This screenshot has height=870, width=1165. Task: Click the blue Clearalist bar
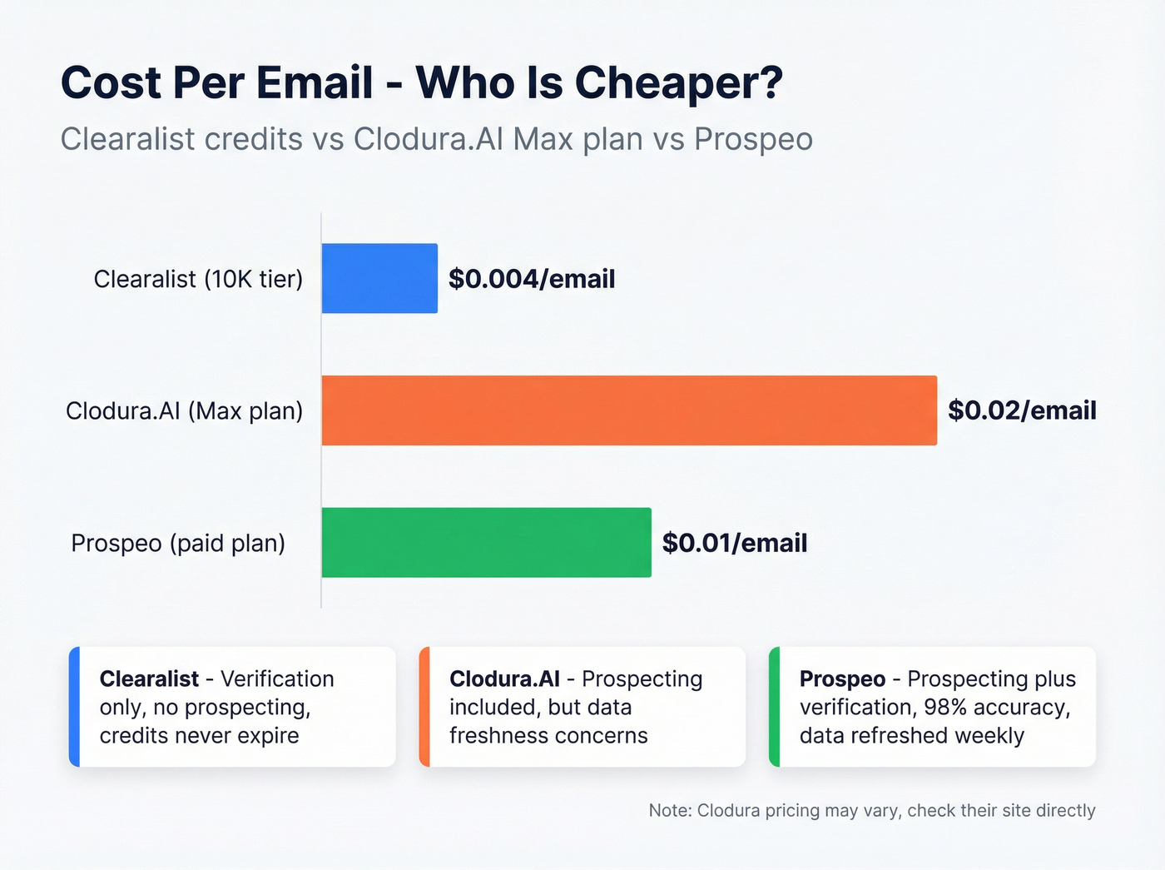point(379,278)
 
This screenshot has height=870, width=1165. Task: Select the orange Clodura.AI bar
point(629,410)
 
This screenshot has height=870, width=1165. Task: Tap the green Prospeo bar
point(486,542)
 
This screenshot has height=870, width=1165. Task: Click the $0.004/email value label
point(532,279)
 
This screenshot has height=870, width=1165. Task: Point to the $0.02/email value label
point(1022,410)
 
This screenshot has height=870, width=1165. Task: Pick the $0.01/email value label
point(735,543)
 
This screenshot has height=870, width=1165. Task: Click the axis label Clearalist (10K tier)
point(198,279)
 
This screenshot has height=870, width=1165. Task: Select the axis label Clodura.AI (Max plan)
point(184,410)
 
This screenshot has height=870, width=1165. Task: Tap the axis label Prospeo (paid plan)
point(178,543)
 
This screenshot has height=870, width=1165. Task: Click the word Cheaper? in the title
point(678,83)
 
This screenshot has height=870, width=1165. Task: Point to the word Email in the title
point(315,83)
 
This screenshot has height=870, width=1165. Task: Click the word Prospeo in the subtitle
point(753,139)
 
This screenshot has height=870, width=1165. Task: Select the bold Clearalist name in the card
point(149,679)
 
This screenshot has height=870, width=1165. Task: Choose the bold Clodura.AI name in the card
point(504,679)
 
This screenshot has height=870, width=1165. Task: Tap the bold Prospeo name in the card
point(842,679)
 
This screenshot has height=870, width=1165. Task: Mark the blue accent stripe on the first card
point(74,707)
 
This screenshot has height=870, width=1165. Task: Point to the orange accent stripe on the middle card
point(424,707)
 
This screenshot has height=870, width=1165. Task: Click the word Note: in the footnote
point(670,810)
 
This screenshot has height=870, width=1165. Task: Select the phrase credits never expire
point(199,736)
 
